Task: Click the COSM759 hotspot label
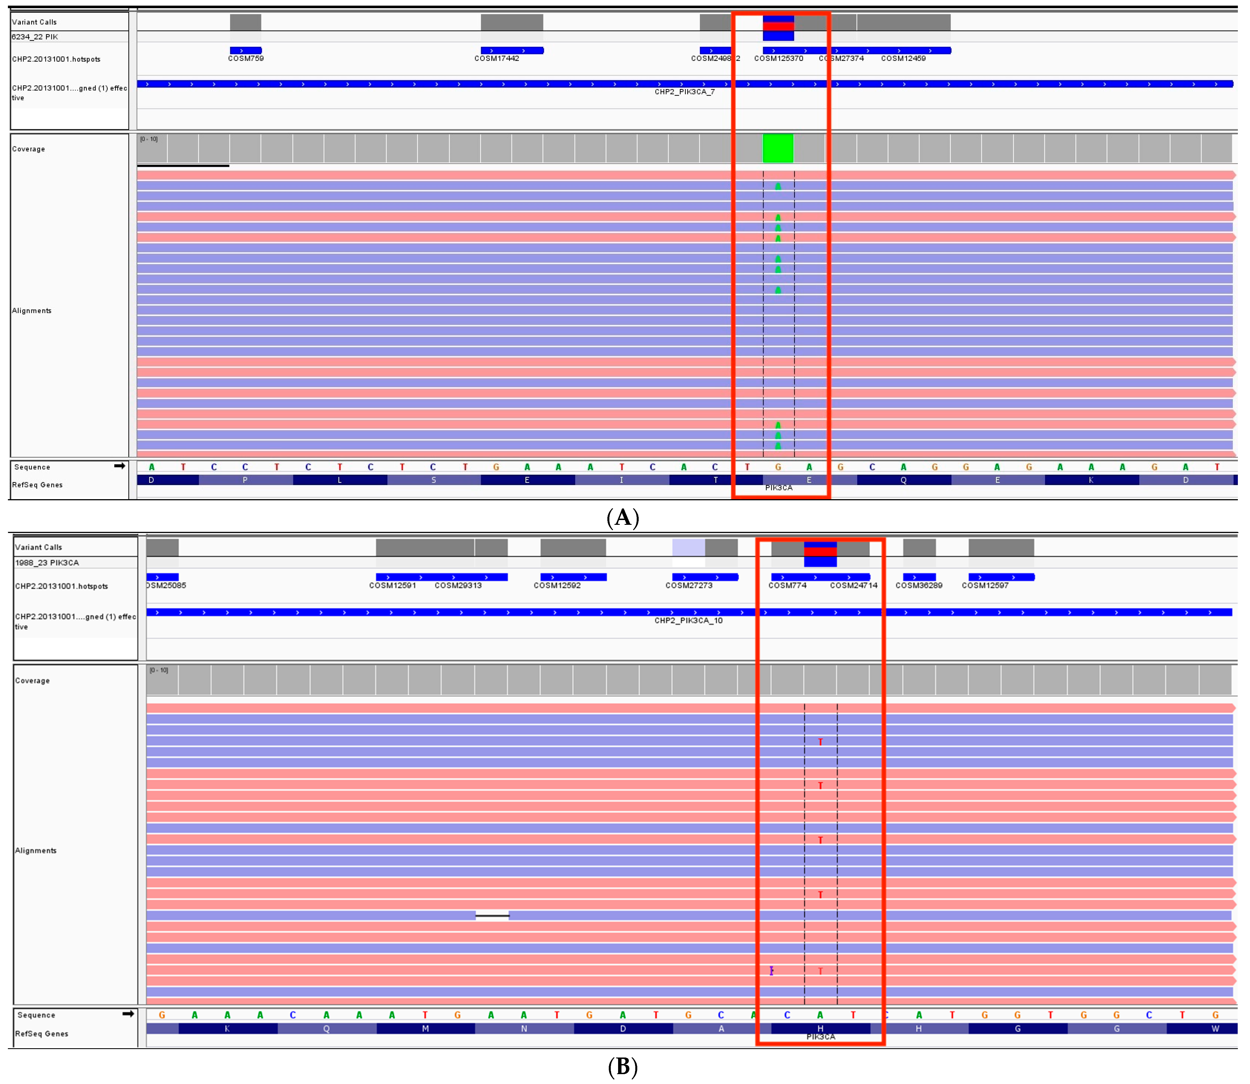246,59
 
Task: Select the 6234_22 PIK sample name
35,37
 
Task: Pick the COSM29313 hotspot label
458,586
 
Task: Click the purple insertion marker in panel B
771,971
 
